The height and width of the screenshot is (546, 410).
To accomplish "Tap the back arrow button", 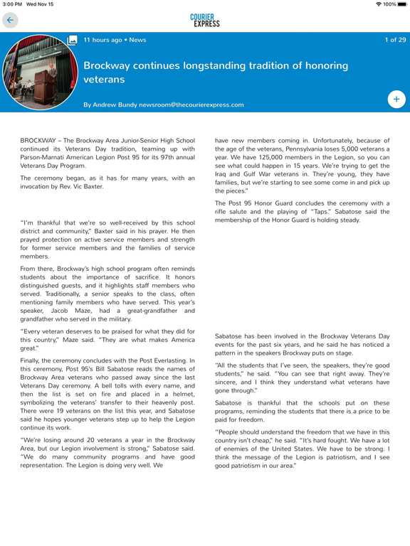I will pos(10,21).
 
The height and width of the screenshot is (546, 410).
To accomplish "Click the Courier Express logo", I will pos(205,21).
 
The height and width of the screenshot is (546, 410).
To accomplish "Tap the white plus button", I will pos(396,100).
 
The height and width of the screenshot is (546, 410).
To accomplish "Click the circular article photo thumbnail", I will pos(33,73).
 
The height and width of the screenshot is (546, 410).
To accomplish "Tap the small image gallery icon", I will pos(72,41).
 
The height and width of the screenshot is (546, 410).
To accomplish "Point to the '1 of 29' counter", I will pos(394,41).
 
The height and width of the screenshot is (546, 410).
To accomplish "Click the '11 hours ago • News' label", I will pos(115,41).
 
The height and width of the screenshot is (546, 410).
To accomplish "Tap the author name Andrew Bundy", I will pos(118,105).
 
